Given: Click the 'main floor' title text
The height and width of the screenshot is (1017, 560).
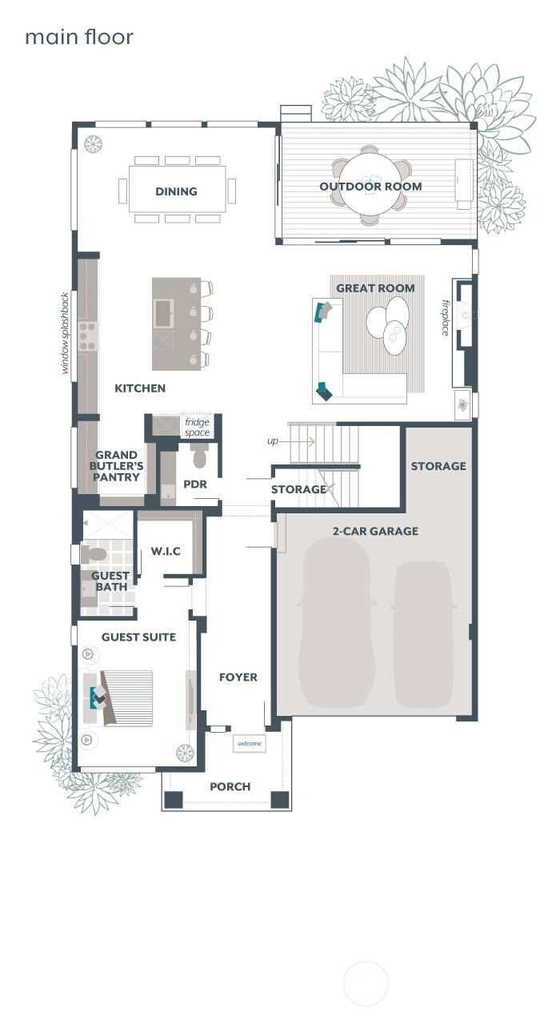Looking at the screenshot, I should click(78, 37).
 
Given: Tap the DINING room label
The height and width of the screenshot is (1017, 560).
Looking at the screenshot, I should click(176, 191).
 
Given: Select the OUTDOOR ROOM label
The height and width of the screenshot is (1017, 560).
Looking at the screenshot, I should click(370, 187).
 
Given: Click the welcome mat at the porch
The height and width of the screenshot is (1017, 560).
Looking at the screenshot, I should click(250, 744).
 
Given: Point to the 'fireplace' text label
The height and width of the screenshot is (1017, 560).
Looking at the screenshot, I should click(446, 318).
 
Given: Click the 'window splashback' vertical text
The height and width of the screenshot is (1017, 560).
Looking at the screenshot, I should click(66, 332).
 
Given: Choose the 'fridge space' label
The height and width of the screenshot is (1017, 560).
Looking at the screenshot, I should click(197, 427).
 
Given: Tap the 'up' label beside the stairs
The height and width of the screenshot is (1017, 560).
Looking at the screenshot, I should click(273, 441).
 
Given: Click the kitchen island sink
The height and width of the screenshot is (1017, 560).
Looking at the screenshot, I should click(164, 313).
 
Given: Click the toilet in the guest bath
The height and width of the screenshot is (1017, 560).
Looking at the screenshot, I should click(94, 554).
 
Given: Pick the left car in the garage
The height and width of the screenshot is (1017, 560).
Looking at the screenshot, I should click(335, 623).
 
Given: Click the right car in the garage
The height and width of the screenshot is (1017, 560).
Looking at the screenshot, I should click(423, 633).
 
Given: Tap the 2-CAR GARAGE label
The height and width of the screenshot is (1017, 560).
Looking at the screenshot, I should click(375, 531).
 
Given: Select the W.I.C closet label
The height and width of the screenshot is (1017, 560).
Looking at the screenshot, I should click(166, 552).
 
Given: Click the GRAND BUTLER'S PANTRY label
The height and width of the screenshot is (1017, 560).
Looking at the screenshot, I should click(118, 466).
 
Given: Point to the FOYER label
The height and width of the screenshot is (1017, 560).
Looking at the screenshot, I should click(238, 677).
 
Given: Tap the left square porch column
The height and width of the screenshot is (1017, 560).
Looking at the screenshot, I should click(174, 799).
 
